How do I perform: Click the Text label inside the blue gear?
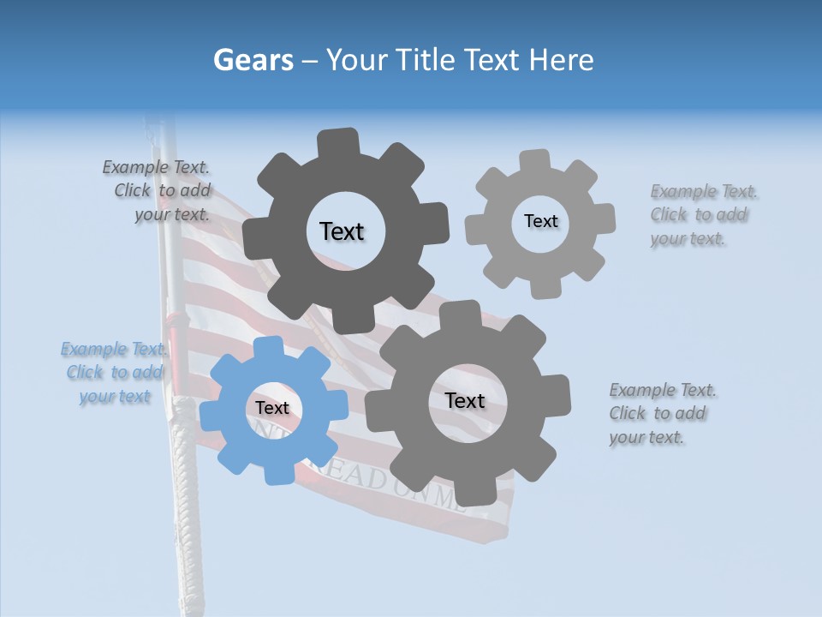272,409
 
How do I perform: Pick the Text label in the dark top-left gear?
342,231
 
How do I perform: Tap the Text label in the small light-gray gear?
540,221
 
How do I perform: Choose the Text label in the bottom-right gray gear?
465,401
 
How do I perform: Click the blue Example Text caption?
114,373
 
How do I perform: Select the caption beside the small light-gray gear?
704,215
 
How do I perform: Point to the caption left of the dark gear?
158,191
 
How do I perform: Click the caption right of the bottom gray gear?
663,414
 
